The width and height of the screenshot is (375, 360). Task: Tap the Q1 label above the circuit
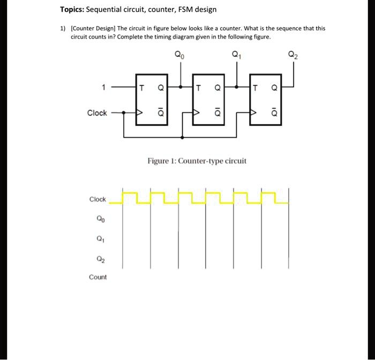pyautogui.click(x=236, y=54)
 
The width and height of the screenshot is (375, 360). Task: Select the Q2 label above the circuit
pyautogui.click(x=292, y=54)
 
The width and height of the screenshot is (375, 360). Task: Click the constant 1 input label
pyautogui.click(x=96, y=86)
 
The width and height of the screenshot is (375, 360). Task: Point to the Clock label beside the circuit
pyautogui.click(x=97, y=113)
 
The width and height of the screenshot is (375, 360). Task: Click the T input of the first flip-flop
pyautogui.click(x=141, y=87)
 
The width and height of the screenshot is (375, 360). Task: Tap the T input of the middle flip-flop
pyautogui.click(x=199, y=87)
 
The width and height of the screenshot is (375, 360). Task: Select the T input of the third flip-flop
pyautogui.click(x=256, y=87)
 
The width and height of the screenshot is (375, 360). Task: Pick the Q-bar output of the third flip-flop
pyautogui.click(x=274, y=113)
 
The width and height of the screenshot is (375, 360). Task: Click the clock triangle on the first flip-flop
pyautogui.click(x=140, y=113)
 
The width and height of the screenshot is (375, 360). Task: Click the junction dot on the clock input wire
pyautogui.click(x=124, y=113)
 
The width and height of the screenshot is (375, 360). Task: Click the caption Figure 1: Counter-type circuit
pyautogui.click(x=197, y=161)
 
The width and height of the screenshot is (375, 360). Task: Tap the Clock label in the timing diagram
pyautogui.click(x=97, y=199)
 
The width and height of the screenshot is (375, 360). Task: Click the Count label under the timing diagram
pyautogui.click(x=97, y=277)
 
